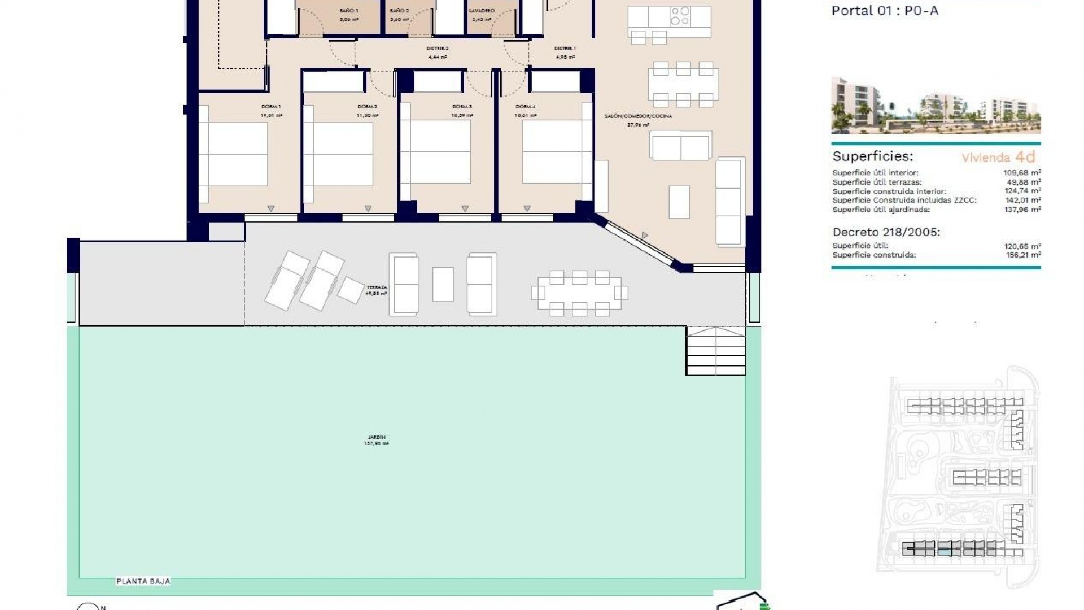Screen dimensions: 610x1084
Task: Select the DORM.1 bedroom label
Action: click(x=271, y=107)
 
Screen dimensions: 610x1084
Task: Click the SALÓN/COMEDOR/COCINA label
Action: click(x=638, y=116)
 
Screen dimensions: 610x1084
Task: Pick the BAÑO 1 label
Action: click(x=348, y=11)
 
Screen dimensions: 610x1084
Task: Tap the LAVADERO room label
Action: click(x=482, y=11)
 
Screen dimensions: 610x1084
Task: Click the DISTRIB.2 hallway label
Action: click(x=437, y=49)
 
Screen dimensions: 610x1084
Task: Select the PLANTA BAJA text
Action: click(x=143, y=581)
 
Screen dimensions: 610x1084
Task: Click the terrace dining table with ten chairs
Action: click(x=579, y=293)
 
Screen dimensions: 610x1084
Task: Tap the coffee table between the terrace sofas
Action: click(x=443, y=284)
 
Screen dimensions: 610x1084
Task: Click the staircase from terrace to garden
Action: click(x=715, y=351)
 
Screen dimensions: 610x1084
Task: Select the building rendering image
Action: click(x=936, y=106)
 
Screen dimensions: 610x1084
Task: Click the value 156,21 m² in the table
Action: click(x=1022, y=255)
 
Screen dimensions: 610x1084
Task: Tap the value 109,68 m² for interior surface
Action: click(x=1022, y=173)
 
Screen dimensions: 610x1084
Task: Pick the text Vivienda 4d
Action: click(x=998, y=158)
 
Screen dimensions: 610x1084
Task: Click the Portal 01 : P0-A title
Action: click(x=885, y=11)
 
